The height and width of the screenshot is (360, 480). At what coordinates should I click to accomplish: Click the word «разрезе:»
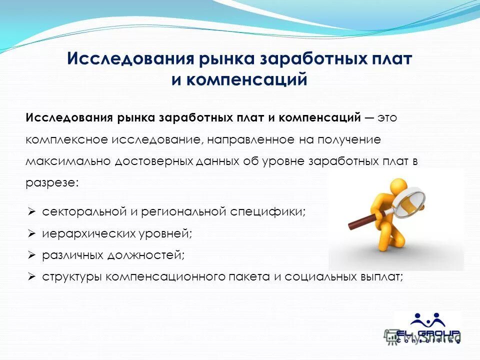point(52,183)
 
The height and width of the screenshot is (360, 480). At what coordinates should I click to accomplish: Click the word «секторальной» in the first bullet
point(83,211)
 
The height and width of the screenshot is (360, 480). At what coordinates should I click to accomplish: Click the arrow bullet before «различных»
point(31,255)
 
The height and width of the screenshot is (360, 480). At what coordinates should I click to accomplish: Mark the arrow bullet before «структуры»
point(31,276)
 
